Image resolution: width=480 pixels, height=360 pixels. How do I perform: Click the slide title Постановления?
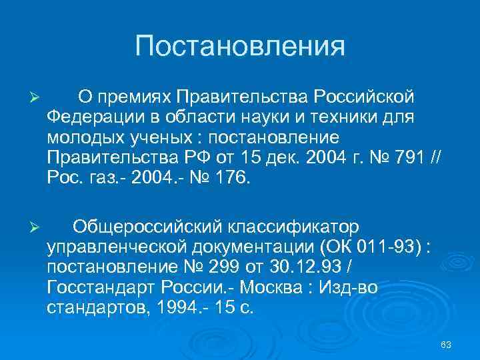point(240,47)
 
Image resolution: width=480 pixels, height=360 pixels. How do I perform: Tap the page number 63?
point(446,344)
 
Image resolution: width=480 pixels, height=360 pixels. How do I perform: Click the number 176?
point(231,178)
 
